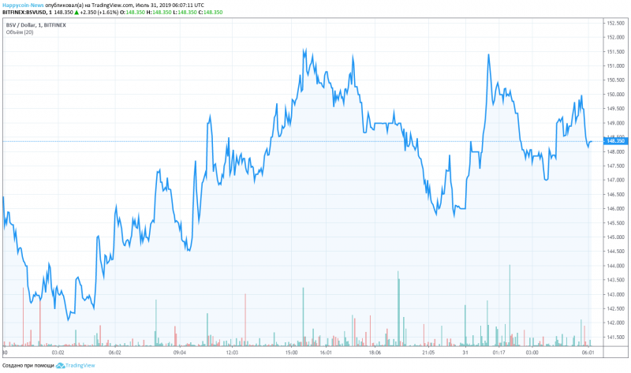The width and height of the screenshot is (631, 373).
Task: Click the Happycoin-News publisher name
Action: click(21, 4)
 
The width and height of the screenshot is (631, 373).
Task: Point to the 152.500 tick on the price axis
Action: click(615, 23)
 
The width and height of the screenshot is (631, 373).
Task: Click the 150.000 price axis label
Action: click(615, 95)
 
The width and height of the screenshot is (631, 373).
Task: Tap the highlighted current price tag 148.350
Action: click(615, 142)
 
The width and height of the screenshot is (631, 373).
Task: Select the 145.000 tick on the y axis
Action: click(615, 237)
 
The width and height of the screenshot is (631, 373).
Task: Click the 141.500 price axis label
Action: click(615, 337)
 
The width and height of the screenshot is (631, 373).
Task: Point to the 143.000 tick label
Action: click(615, 294)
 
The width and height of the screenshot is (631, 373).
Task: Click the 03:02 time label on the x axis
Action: click(57, 353)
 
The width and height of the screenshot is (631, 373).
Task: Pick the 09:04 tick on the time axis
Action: click(179, 353)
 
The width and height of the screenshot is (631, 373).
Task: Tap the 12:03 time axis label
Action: click(232, 353)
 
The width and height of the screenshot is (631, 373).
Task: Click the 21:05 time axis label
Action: click(428, 353)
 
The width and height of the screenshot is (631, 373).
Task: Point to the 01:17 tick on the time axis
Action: click(498, 353)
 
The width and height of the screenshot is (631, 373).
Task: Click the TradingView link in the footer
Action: click(79, 366)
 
